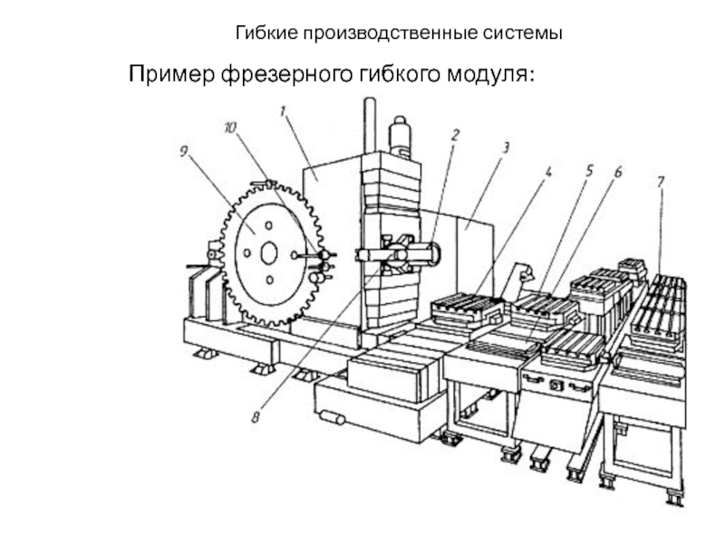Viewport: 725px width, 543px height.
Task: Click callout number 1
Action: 283,111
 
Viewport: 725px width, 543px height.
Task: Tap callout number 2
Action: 455,134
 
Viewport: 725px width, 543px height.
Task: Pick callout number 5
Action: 588,169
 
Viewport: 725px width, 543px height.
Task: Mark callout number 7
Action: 661,184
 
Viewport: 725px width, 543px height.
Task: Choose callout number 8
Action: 256,417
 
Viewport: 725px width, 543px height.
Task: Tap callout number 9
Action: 183,154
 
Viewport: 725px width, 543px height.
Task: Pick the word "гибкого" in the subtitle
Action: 390,72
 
